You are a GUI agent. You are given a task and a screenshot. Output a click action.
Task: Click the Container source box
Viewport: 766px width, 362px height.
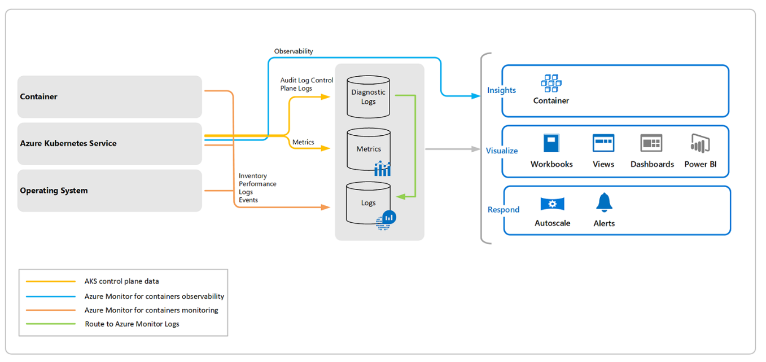(110, 96)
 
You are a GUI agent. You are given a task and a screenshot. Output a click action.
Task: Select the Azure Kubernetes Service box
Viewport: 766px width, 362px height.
(110, 144)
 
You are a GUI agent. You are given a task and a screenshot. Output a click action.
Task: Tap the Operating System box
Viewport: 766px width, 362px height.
(110, 191)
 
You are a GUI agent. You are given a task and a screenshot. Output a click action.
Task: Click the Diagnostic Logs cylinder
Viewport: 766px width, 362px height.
(368, 97)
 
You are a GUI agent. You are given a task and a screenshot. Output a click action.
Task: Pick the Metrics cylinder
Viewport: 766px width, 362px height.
(368, 149)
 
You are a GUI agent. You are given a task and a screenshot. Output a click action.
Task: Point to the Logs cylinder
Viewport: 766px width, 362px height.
(368, 203)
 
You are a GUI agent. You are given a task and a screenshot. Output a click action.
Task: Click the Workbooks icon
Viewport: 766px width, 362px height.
(551, 143)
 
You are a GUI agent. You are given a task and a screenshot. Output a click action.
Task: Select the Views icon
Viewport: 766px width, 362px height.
(603, 143)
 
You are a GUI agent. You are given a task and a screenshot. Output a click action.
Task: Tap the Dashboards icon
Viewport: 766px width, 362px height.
(651, 143)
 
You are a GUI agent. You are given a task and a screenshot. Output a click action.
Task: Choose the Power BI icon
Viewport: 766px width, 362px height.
(700, 143)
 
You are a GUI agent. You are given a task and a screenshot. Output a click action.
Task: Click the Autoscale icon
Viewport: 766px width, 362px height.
(552, 204)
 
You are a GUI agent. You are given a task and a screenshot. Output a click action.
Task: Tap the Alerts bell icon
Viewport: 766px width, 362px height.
(604, 202)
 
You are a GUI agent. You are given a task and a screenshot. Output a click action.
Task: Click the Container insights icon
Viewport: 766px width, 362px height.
(551, 83)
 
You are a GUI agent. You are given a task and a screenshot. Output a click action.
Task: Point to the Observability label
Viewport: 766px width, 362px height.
(294, 51)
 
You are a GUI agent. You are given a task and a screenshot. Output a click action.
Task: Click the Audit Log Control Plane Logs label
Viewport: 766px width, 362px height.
(307, 85)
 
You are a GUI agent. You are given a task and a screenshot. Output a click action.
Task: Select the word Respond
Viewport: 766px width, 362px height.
(503, 210)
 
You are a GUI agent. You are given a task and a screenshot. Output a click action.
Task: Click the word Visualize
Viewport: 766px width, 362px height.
(502, 151)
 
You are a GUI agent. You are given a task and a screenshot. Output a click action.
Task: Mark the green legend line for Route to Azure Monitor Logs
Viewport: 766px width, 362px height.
(51, 324)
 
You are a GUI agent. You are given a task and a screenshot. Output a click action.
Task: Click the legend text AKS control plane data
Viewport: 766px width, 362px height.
(121, 281)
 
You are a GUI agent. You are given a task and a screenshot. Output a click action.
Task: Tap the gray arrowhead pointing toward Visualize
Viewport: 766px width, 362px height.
(475, 149)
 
